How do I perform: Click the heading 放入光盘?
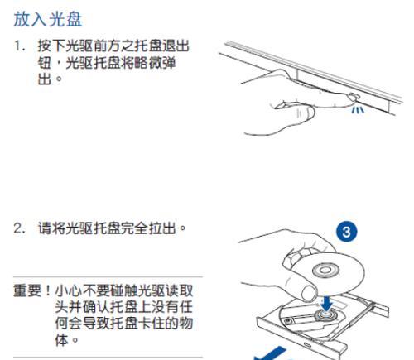coord(48,19)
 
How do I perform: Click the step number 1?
coord(18,46)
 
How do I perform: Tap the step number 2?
coord(18,228)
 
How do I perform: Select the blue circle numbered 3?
coord(346,232)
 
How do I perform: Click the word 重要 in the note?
coord(27,290)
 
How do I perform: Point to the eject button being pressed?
coord(354,97)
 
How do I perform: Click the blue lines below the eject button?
coord(358,110)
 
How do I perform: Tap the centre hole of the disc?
coord(325,271)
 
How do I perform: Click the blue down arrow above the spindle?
coord(327,303)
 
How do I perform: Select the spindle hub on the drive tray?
coord(325,314)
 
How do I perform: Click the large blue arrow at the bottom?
coord(271,354)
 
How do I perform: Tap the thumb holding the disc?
coord(309,293)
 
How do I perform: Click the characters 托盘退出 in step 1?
coord(161,46)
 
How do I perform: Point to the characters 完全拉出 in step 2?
coord(148,228)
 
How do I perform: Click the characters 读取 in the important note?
coord(180,290)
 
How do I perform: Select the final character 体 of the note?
coord(61,339)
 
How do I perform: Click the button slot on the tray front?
coord(307,344)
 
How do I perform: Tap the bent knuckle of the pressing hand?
coord(306,113)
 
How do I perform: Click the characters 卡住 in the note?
coord(152,323)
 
